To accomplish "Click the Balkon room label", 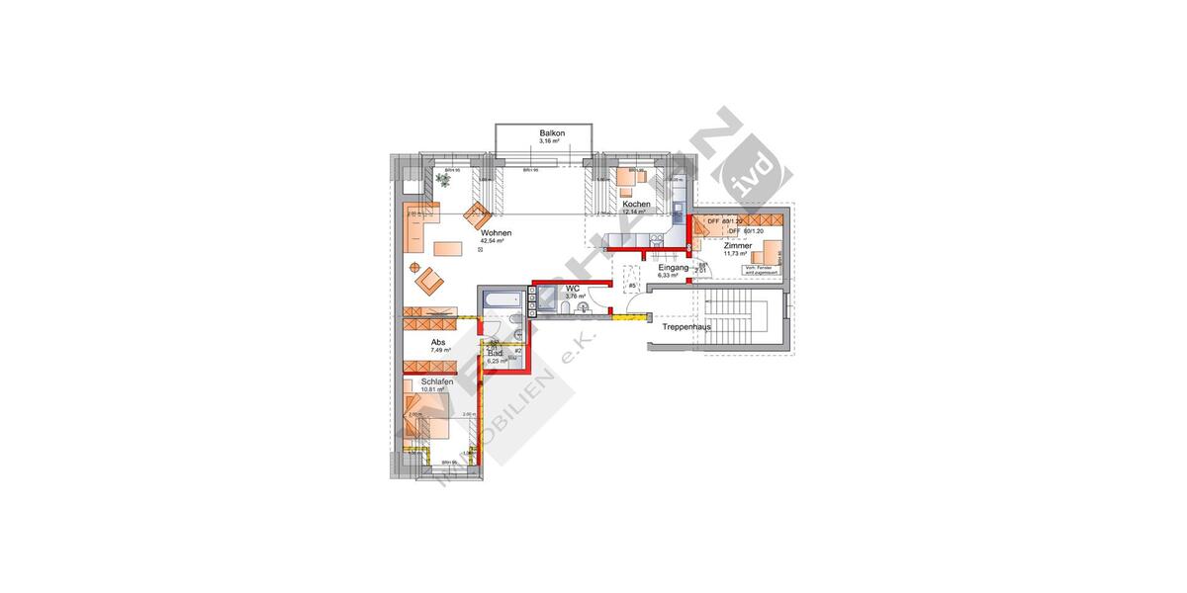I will (552, 132).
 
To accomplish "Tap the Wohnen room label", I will (497, 232).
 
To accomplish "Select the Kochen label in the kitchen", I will (636, 205).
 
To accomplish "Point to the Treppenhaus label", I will (686, 326).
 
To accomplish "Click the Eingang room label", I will (673, 268).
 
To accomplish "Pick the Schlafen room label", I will (437, 381).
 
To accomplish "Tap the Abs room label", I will (438, 342).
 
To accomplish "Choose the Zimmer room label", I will (738, 245).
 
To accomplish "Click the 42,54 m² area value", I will (493, 241).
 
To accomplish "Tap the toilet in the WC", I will (563, 310).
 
